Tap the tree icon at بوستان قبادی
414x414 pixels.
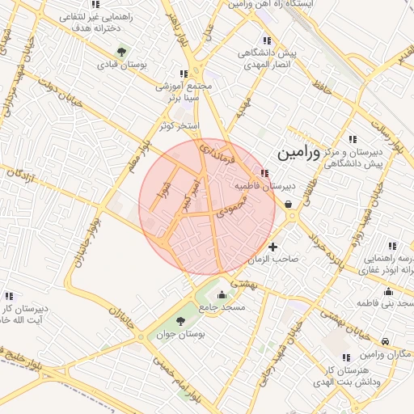[x=121, y=53]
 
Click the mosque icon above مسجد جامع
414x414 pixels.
[x=222, y=294]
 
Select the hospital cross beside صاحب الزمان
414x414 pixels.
[x=273, y=247]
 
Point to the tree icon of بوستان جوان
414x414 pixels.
[x=180, y=322]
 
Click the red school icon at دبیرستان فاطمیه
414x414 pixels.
[x=265, y=173]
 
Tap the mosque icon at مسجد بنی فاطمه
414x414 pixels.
[x=389, y=292]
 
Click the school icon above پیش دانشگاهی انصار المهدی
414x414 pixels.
[x=267, y=40]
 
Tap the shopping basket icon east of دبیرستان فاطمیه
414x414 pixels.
[x=289, y=205]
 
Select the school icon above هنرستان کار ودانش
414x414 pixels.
[x=346, y=357]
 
